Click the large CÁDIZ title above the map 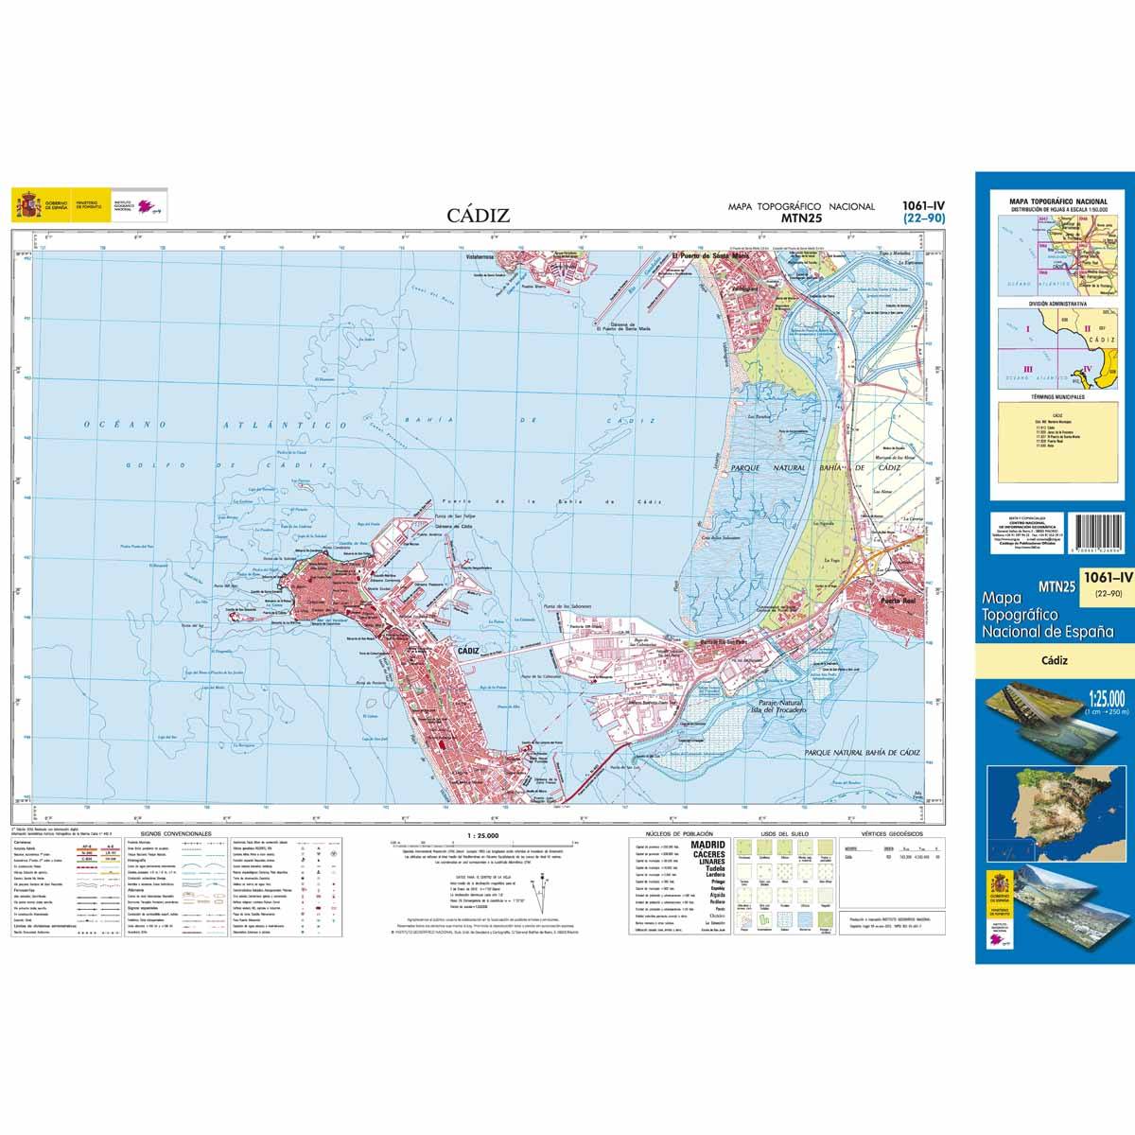click(479, 216)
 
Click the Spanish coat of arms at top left click(27, 204)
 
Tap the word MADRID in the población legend click(708, 844)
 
